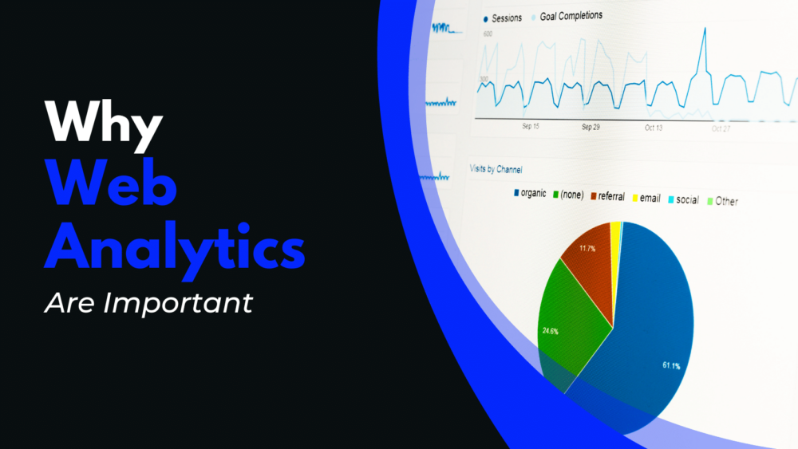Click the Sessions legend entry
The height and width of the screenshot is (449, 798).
tap(506, 17)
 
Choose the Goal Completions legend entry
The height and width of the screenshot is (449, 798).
tap(570, 15)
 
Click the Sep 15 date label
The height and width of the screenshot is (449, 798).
tap(531, 126)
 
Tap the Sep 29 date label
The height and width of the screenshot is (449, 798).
tap(591, 127)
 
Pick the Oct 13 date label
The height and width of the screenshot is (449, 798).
tap(654, 128)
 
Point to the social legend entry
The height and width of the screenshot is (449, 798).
tap(686, 199)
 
